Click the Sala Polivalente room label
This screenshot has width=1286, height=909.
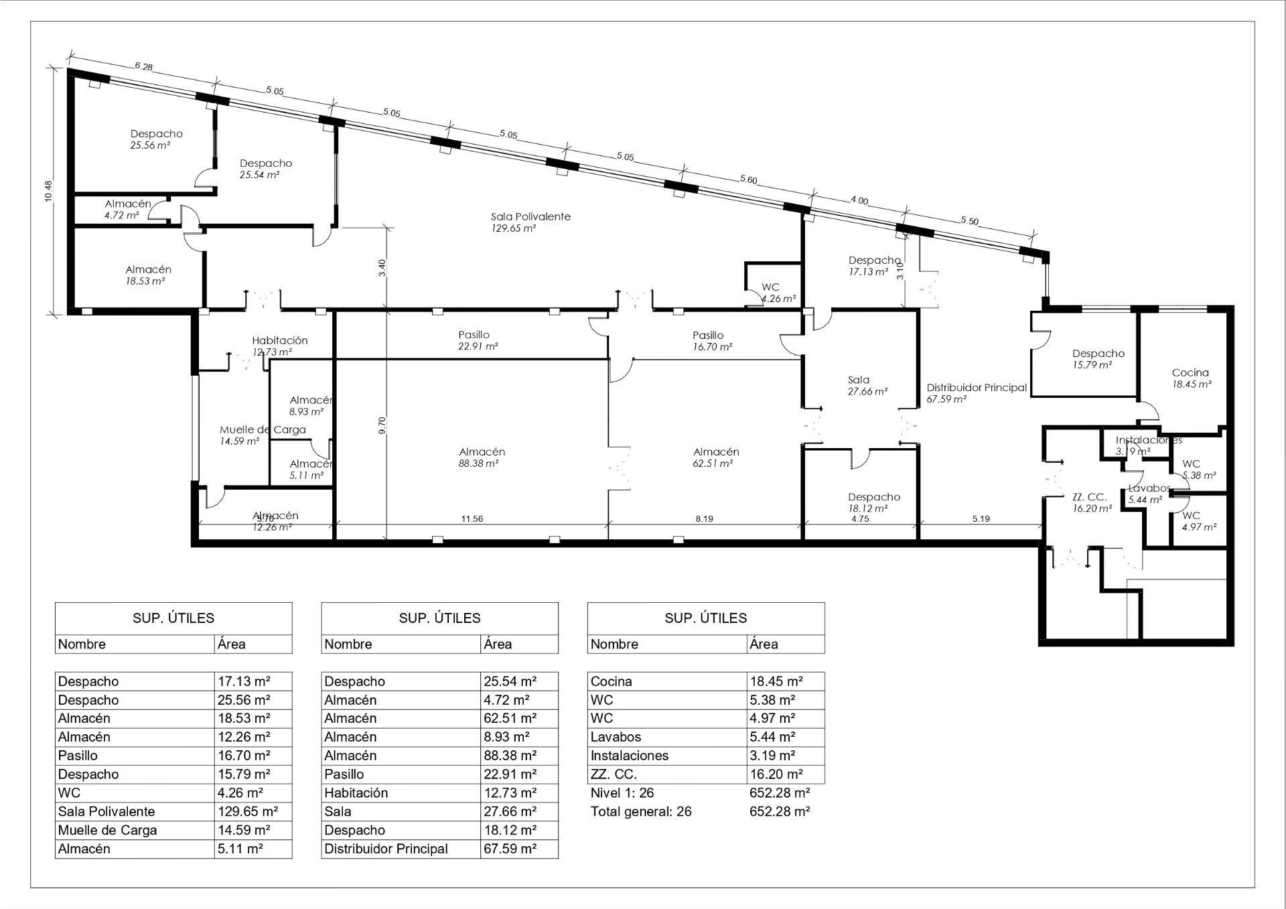pos(530,216)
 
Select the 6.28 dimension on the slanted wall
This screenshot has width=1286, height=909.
pos(143,66)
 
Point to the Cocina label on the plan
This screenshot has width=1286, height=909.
pos(1190,372)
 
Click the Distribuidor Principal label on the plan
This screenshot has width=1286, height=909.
pos(977,387)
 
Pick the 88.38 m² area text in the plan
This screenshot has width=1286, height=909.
pos(478,464)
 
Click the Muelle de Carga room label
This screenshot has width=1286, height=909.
pos(263,429)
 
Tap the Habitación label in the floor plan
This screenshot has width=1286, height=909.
pos(279,340)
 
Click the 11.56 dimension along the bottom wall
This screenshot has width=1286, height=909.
pos(472,518)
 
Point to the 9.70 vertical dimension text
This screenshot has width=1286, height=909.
pos(382,425)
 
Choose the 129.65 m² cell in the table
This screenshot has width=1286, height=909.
pos(248,811)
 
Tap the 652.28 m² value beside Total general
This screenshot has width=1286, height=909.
pos(780,811)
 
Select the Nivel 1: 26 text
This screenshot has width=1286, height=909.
pos(622,793)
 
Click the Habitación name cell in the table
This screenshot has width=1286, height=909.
pos(356,793)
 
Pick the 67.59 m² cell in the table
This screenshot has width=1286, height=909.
pos(510,849)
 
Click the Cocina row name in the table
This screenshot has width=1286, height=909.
pos(611,681)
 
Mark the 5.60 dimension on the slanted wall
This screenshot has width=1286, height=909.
pos(748,179)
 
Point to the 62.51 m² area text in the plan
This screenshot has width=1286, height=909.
pos(713,464)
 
